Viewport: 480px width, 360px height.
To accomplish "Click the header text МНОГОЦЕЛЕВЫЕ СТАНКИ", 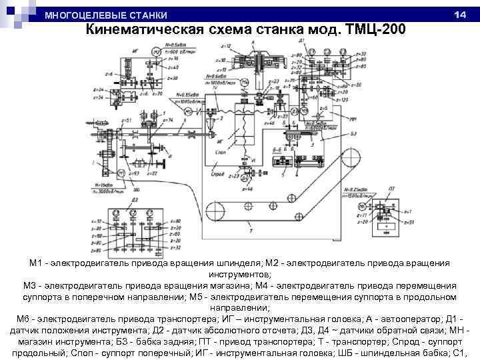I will point(106,15).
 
